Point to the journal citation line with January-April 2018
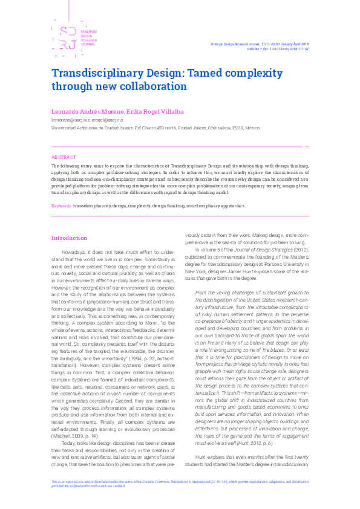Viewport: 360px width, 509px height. click(x=260, y=44)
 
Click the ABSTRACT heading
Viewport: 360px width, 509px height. click(x=64, y=157)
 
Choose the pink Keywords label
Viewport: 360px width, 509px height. click(x=62, y=206)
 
